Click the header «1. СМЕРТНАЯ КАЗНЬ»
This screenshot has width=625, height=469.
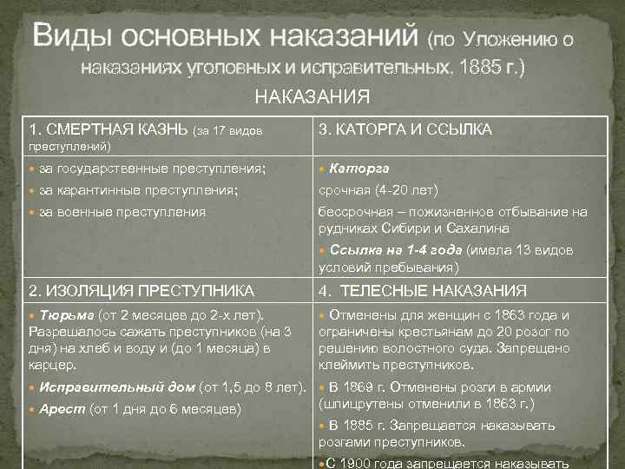pyautogui.click(x=108, y=129)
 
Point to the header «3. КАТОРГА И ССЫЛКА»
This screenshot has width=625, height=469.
pyautogui.click(x=405, y=129)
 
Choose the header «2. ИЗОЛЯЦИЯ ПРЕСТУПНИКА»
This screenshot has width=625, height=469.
pyautogui.click(x=141, y=290)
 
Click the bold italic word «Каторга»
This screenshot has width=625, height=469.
pyautogui.click(x=360, y=168)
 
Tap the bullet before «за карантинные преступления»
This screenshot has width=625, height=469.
pyautogui.click(x=34, y=189)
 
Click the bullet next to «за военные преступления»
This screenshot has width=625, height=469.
pyautogui.click(x=34, y=211)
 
